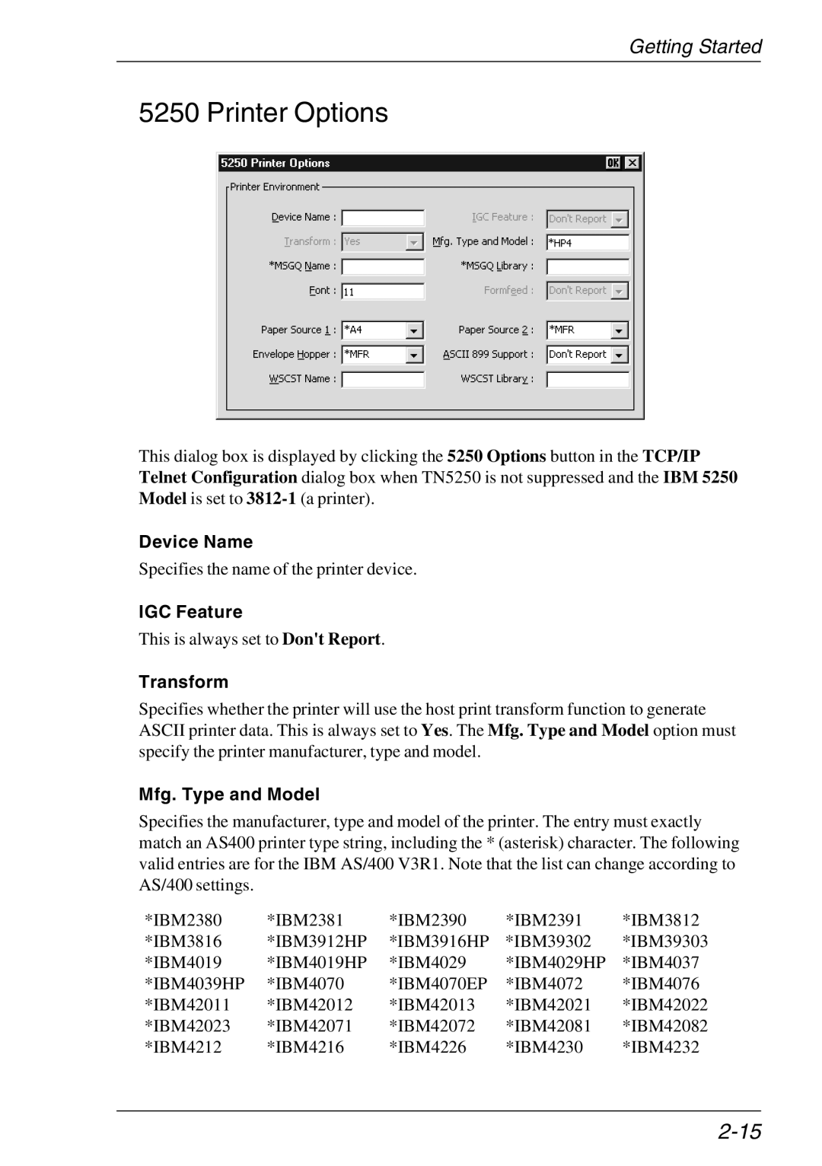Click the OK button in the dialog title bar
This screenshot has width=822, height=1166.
pyautogui.click(x=613, y=163)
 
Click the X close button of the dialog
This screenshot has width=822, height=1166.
pyautogui.click(x=632, y=163)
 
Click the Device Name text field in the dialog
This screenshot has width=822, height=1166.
pyautogui.click(x=383, y=218)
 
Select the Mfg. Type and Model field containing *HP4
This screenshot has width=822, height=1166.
pyautogui.click(x=588, y=243)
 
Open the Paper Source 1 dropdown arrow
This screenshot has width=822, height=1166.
pyautogui.click(x=415, y=331)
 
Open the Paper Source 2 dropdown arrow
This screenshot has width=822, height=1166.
pyautogui.click(x=620, y=331)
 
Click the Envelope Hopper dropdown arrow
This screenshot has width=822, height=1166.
pyautogui.click(x=415, y=355)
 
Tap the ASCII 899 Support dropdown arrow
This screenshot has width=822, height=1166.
pyautogui.click(x=620, y=355)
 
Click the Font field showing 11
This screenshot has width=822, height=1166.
pyautogui.click(x=383, y=291)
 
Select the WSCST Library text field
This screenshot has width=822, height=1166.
pyautogui.click(x=588, y=379)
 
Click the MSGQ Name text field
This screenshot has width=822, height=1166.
pyautogui.click(x=383, y=267)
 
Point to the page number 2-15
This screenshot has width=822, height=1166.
pyautogui.click(x=739, y=1132)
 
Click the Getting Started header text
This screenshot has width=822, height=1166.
pyautogui.click(x=695, y=47)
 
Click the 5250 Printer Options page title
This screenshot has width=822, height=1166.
pyautogui.click(x=263, y=113)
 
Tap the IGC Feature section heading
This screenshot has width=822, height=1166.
pyautogui.click(x=190, y=612)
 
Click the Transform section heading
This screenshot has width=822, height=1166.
pyautogui.click(x=183, y=682)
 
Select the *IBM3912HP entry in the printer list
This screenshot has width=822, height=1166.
pyautogui.click(x=317, y=941)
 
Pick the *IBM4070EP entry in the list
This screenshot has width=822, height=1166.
pyautogui.click(x=438, y=984)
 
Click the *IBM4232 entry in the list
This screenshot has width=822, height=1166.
pyautogui.click(x=661, y=1047)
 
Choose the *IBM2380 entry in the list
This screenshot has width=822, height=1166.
pyautogui.click(x=183, y=920)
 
